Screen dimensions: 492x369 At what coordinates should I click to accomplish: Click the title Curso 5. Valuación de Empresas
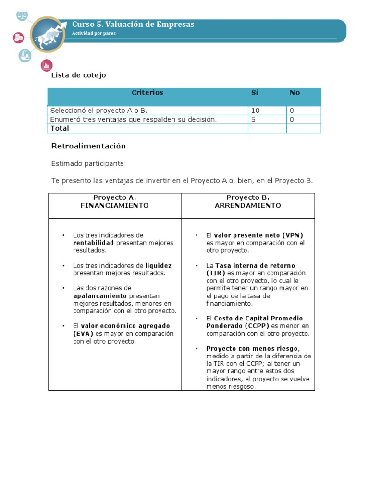pos(133,25)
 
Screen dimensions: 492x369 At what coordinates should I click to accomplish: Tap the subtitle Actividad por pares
pos(94,34)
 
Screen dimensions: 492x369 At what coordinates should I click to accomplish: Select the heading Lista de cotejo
pos(78,75)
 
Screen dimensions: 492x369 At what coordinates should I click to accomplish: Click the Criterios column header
pos(148,93)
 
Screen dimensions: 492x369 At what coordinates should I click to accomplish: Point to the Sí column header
pos(255,93)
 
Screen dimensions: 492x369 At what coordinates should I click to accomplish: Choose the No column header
pos(295,93)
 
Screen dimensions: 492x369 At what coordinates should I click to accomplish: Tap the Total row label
pos(60,128)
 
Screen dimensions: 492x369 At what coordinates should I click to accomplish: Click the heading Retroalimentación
pos(88,146)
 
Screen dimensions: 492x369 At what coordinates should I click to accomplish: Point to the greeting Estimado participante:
pos(88,164)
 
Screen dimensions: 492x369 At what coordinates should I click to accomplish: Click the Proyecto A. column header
pos(115,197)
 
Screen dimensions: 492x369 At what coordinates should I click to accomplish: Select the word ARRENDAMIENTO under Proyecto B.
pos(248,205)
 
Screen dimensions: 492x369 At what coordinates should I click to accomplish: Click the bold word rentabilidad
pos(93,243)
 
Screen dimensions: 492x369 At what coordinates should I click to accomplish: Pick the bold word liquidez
pos(158,266)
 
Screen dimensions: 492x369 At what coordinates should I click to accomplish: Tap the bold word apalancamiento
pos(100,296)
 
